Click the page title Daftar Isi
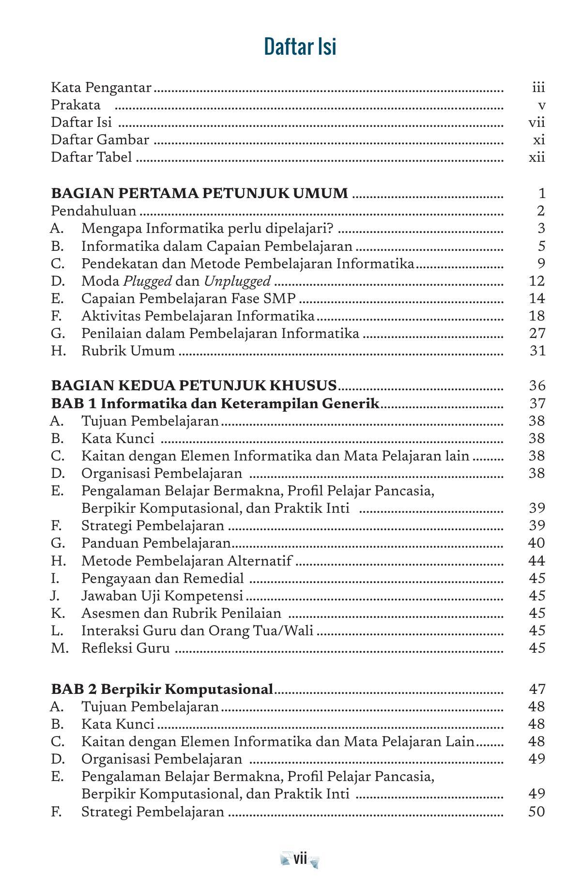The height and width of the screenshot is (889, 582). pyautogui.click(x=300, y=47)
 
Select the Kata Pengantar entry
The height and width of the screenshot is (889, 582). pyautogui.click(x=101, y=88)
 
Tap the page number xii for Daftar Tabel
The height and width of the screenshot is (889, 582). pyautogui.click(x=537, y=157)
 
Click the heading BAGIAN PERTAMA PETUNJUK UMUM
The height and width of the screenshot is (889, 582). pyautogui.click(x=199, y=193)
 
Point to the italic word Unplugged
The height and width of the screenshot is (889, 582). pyautogui.click(x=237, y=281)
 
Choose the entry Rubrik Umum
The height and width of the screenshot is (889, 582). pyautogui.click(x=128, y=351)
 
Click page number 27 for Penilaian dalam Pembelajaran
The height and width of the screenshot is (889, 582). pyautogui.click(x=537, y=333)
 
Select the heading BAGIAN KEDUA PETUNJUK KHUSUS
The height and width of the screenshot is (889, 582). pyautogui.click(x=194, y=385)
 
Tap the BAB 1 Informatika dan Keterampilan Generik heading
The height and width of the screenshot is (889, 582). pyautogui.click(x=215, y=403)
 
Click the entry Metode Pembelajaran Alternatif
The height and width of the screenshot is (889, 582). pyautogui.click(x=186, y=561)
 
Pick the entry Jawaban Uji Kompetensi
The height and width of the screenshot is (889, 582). pyautogui.click(x=162, y=596)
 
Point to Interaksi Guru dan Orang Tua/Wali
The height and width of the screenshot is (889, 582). pyautogui.click(x=197, y=630)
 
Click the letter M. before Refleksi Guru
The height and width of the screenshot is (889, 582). pyautogui.click(x=60, y=648)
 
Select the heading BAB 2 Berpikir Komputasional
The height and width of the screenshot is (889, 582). pyautogui.click(x=162, y=689)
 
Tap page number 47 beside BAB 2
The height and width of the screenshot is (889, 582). pyautogui.click(x=537, y=689)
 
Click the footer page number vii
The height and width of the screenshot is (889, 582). pyautogui.click(x=300, y=859)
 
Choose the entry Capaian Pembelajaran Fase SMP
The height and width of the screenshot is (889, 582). pyautogui.click(x=188, y=298)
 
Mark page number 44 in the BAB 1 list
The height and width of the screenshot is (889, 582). pyautogui.click(x=537, y=561)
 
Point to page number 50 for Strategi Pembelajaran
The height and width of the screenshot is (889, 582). pyautogui.click(x=537, y=812)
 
